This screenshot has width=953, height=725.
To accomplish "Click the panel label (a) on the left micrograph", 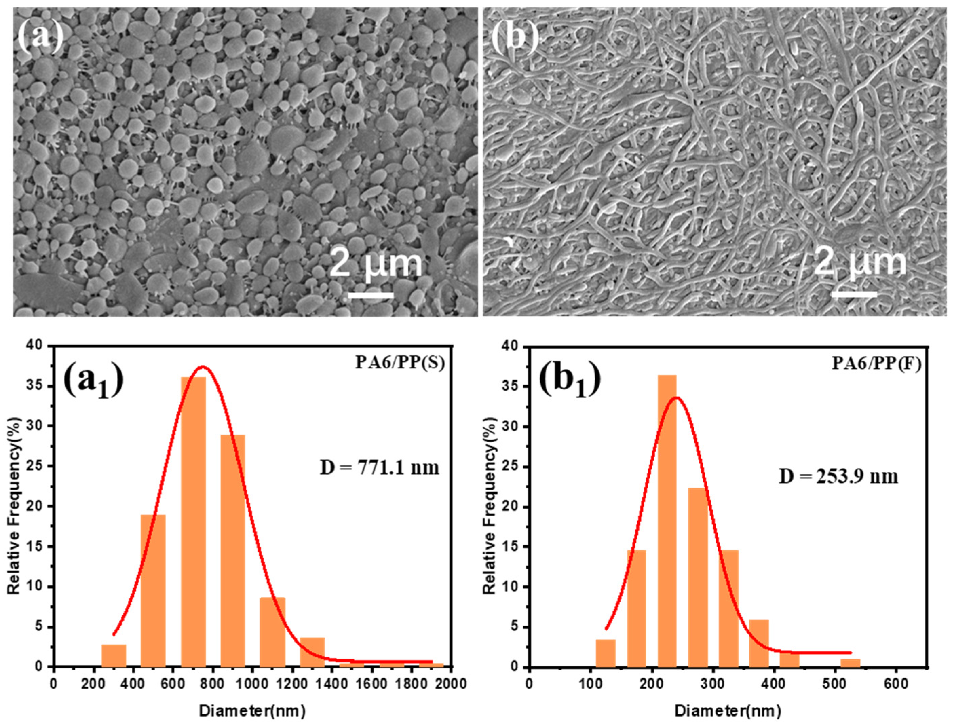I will click(41, 37).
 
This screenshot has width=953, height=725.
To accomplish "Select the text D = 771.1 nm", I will click(379, 467).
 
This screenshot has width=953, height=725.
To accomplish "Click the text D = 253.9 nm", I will click(838, 477).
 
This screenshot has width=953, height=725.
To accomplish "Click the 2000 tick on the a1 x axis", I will click(451, 684).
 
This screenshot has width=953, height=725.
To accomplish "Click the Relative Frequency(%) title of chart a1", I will click(15, 505).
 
